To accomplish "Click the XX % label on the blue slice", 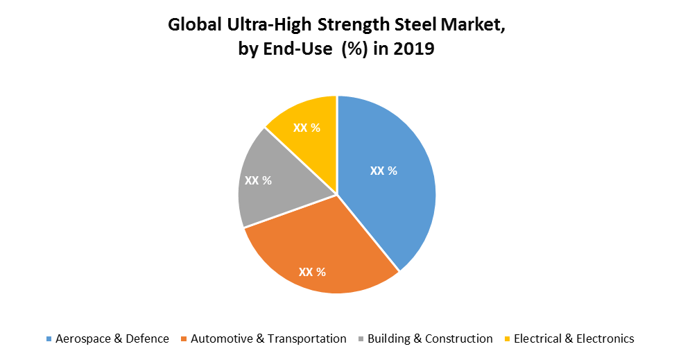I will click(383, 171).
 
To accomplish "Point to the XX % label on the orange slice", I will click(312, 271).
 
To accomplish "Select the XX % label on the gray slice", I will click(258, 180).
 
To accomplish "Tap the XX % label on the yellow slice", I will click(306, 128).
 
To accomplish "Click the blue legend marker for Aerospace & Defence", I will click(49, 339).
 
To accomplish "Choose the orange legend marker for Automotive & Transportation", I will click(184, 339).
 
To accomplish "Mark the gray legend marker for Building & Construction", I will click(361, 339).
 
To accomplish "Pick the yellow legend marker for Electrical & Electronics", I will click(507, 339).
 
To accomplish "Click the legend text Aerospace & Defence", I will click(112, 338).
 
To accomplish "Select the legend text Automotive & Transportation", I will click(268, 338).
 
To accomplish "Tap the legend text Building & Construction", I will click(430, 338).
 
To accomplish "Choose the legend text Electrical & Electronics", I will click(573, 338).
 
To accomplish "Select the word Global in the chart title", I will click(194, 26).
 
